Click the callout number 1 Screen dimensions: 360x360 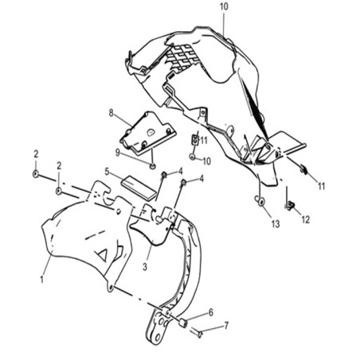41,279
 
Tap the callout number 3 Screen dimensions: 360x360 145,267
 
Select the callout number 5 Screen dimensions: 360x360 107,171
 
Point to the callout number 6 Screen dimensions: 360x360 211,312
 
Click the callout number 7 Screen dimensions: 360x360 226,325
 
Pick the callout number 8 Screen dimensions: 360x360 111,113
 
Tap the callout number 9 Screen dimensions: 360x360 117,153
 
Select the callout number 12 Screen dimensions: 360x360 306,219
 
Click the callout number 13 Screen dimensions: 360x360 276,224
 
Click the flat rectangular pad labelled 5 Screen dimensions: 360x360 139,187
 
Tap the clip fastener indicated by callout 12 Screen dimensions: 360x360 291,205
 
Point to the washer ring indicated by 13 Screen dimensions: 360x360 260,201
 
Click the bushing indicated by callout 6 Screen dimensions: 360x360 182,323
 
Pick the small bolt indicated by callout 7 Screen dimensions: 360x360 200,333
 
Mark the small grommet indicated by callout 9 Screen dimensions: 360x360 152,166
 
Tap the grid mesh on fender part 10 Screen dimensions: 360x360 183,57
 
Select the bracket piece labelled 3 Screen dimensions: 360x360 154,225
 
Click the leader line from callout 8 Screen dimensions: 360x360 123,120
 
